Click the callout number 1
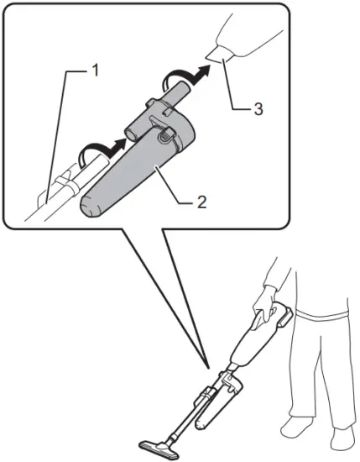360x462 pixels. pos(95,70)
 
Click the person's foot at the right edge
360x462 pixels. pos(344,437)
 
